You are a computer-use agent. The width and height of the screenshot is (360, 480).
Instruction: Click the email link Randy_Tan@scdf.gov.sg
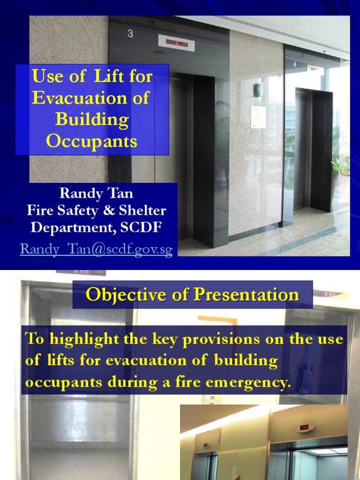(x=97, y=249)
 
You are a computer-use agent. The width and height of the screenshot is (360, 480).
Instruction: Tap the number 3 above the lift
(x=130, y=33)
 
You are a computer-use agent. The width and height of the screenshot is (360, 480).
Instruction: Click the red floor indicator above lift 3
(x=177, y=43)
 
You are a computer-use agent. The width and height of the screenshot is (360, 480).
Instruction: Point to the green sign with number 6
(x=258, y=90)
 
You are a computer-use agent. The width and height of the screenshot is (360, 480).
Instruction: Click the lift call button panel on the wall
(x=258, y=166)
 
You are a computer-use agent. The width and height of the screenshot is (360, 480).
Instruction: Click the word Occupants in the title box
(x=91, y=142)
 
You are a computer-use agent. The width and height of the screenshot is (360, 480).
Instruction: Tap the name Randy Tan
(x=96, y=193)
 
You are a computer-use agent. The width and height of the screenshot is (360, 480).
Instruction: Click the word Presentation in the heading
(x=246, y=294)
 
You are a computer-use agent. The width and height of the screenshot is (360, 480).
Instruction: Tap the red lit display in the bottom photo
(x=304, y=427)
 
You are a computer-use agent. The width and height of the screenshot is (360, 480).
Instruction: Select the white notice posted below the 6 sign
(x=258, y=117)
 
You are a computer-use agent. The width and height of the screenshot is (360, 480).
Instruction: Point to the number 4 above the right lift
(x=294, y=64)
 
